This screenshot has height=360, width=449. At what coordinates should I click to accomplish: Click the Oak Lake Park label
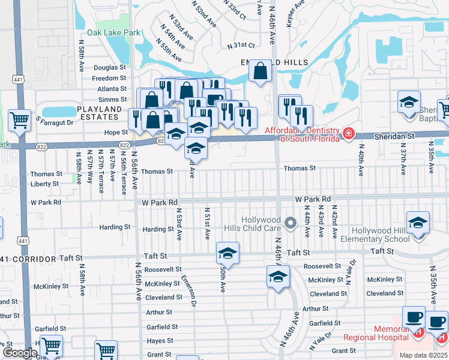click(113, 33)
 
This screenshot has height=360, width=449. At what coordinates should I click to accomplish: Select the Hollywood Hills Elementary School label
click(372, 235)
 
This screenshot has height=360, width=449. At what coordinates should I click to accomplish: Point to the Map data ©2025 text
click(424, 355)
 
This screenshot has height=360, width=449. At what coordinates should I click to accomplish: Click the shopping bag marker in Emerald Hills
click(261, 73)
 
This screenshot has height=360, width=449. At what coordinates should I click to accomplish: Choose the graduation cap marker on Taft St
click(228, 254)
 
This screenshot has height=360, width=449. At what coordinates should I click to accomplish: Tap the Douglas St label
click(110, 68)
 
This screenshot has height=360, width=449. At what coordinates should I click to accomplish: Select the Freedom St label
click(109, 78)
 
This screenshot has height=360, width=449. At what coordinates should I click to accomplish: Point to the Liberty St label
click(44, 184)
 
